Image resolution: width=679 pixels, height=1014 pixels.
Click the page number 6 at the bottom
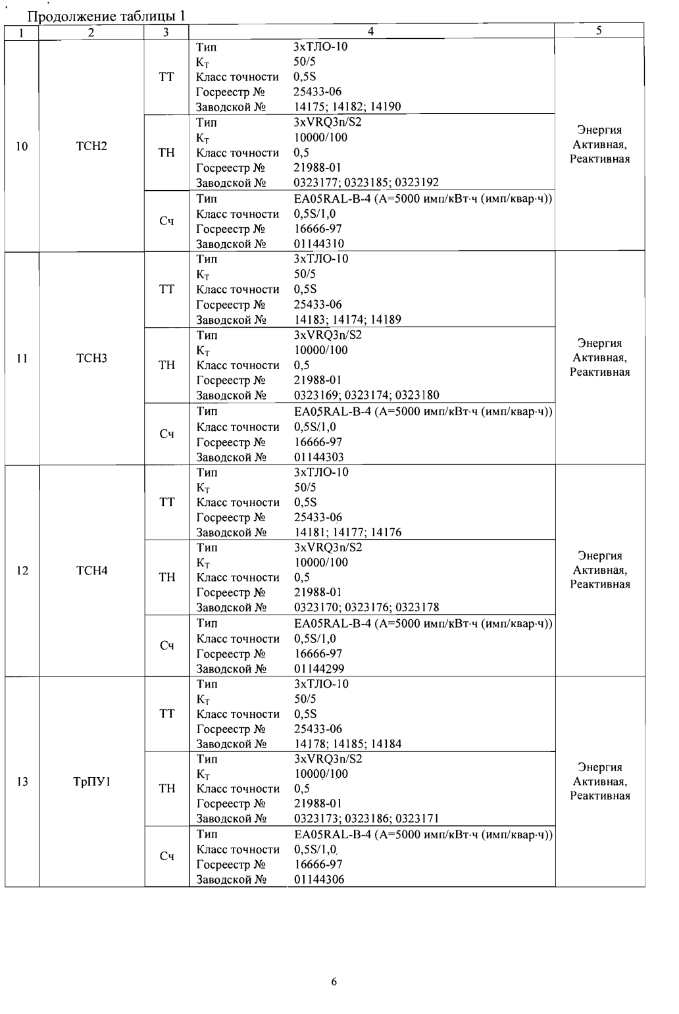click(x=334, y=982)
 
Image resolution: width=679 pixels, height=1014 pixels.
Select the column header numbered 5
click(x=599, y=30)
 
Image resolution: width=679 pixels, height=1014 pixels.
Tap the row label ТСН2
click(x=91, y=146)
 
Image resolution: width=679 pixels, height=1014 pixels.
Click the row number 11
click(x=22, y=359)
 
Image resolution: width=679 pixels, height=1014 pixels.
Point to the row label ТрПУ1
click(x=91, y=782)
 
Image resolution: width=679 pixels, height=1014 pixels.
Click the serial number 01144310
click(x=318, y=244)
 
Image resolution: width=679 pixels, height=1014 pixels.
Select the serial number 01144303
click(x=318, y=457)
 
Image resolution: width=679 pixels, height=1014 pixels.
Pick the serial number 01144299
click(x=319, y=669)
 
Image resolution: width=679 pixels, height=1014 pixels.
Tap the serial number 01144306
click(x=319, y=880)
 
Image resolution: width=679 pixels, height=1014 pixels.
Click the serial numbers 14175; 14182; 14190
click(x=347, y=107)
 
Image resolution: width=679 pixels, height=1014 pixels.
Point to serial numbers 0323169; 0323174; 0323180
click(x=366, y=395)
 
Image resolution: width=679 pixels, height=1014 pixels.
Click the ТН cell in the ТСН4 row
click(x=167, y=577)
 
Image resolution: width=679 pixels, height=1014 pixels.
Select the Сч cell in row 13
click(x=167, y=856)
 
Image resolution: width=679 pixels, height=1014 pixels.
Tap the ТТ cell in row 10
click(x=167, y=77)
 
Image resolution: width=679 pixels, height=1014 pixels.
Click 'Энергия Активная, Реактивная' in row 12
click(x=599, y=570)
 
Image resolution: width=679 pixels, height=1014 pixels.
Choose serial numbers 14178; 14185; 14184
click(x=347, y=744)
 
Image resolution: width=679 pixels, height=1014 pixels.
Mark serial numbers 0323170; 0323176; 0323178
click(x=366, y=607)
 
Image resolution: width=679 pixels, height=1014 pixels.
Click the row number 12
click(x=22, y=570)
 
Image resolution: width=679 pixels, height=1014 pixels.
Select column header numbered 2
click(x=91, y=32)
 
